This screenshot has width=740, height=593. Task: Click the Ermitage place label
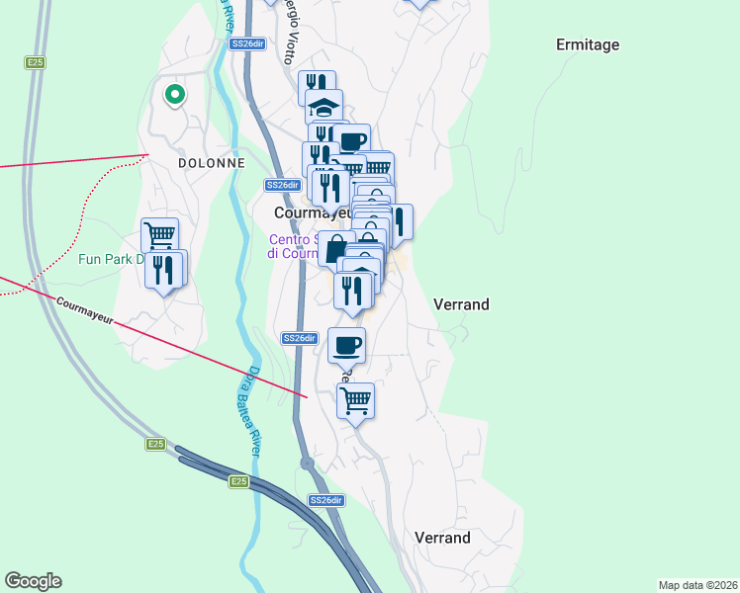click(588, 44)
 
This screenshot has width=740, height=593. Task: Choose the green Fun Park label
click(109, 261)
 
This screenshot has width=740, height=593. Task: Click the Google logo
click(33, 581)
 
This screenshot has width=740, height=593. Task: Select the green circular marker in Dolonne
click(175, 95)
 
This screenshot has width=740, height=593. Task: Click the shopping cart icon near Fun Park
click(159, 235)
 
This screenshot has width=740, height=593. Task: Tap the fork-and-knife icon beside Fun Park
click(165, 269)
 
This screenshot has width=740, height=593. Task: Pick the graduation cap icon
click(324, 107)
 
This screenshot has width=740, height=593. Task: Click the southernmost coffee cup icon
click(346, 345)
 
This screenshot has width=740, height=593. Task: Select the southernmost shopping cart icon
click(355, 400)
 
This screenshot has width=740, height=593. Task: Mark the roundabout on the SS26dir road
click(307, 463)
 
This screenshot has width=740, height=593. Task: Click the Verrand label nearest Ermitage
click(461, 304)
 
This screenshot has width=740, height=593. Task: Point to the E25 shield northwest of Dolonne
click(35, 62)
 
